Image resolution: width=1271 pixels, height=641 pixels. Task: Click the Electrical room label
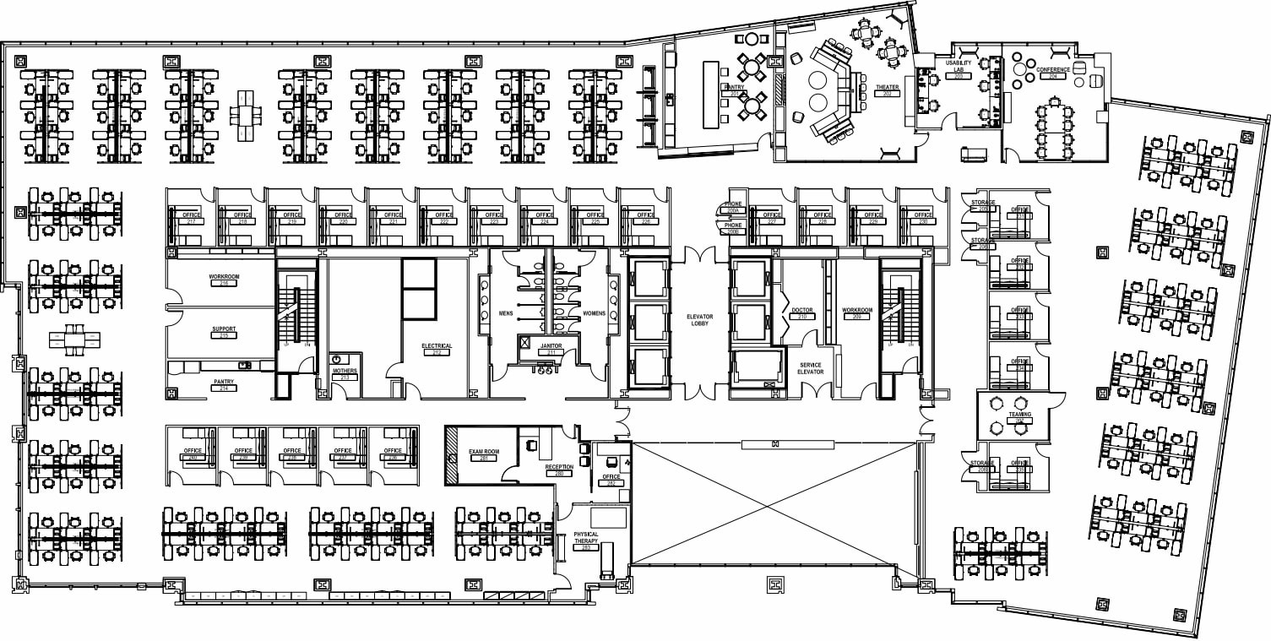click(437, 346)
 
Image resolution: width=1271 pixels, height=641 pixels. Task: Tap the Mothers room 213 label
click(345, 372)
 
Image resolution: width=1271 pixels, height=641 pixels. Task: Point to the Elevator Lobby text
click(699, 319)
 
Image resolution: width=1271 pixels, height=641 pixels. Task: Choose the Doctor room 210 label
click(802, 311)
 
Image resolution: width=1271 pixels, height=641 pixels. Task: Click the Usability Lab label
click(959, 67)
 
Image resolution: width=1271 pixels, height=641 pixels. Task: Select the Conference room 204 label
click(1053, 70)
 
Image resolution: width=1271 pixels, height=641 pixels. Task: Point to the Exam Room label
click(484, 453)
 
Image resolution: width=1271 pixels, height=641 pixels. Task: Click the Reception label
click(559, 467)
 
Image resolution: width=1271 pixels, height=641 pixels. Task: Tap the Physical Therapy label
click(585, 537)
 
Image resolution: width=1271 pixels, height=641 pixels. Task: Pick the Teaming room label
click(1019, 416)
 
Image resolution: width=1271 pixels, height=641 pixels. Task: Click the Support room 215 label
click(224, 329)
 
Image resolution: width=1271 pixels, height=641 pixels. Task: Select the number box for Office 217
click(192, 221)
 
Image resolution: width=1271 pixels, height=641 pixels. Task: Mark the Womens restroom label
click(594, 313)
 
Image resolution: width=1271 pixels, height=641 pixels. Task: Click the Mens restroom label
click(506, 313)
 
